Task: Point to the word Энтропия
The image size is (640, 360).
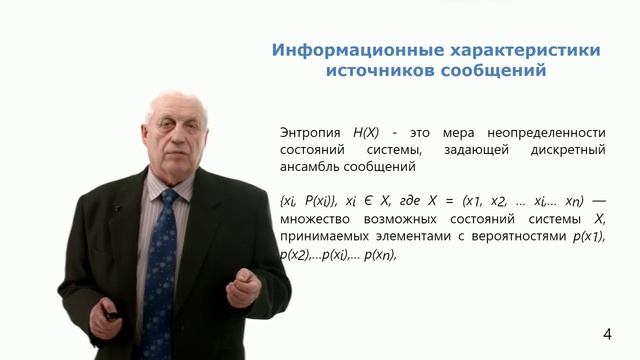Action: point(311,132)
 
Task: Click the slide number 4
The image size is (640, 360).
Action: point(607,333)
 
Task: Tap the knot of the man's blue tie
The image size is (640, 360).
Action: point(167,197)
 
